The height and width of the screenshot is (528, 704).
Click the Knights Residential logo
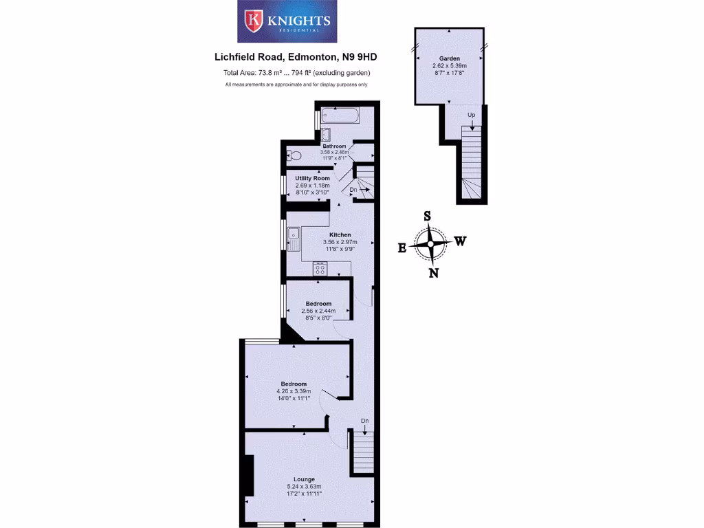pyautogui.click(x=288, y=21)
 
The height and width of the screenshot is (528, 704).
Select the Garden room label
pyautogui.click(x=450, y=59)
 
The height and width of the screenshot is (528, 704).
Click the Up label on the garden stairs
pyautogui.click(x=471, y=115)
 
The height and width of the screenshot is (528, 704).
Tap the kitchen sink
pyautogui.click(x=294, y=238)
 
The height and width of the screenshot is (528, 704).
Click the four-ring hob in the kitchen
pyautogui.click(x=320, y=268)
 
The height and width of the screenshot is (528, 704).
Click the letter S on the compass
pyautogui.click(x=427, y=215)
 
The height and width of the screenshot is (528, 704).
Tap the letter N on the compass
pyautogui.click(x=433, y=273)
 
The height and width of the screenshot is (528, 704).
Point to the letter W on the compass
pyautogui.click(x=461, y=241)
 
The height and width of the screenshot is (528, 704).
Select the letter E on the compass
pyautogui.click(x=402, y=248)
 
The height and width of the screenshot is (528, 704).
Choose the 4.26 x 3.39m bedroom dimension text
pyautogui.click(x=294, y=391)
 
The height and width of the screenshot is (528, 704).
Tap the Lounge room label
pyautogui.click(x=304, y=479)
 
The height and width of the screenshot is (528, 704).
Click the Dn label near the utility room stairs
pyautogui.click(x=353, y=189)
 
